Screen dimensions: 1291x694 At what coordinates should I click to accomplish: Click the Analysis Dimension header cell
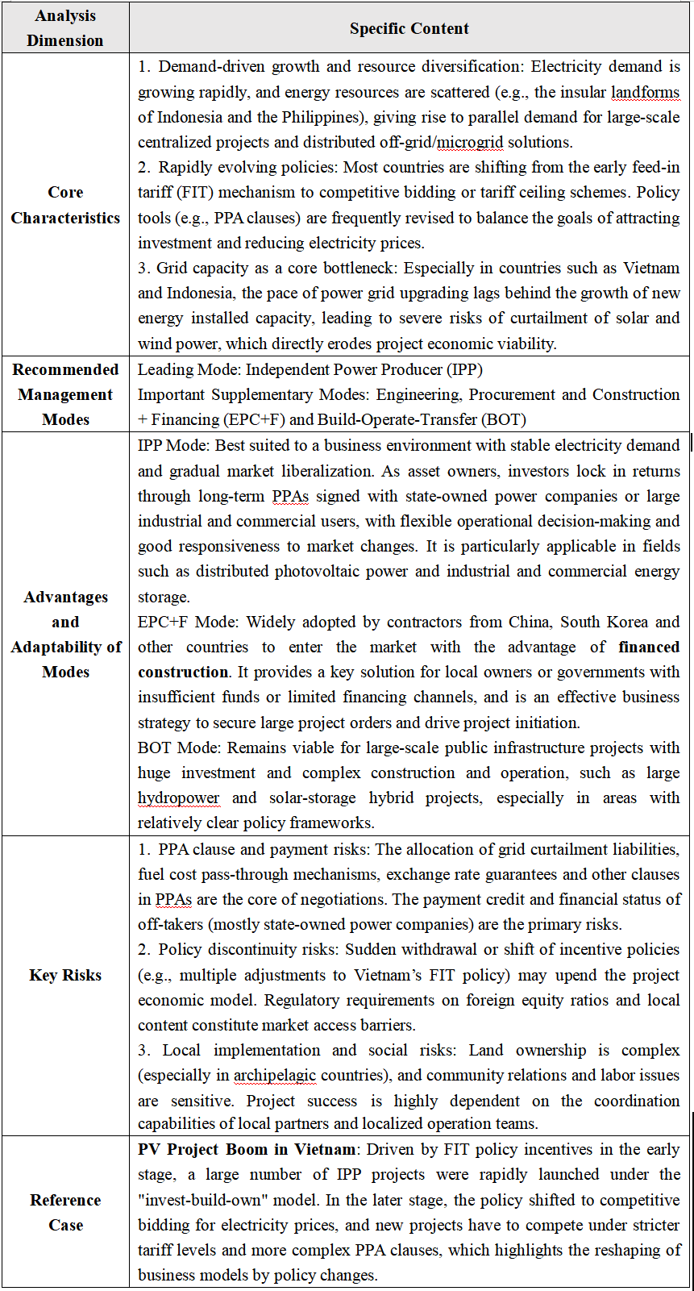(x=65, y=28)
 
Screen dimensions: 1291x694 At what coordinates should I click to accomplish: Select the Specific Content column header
(x=409, y=29)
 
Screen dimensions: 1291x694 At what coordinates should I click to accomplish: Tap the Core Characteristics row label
(x=65, y=205)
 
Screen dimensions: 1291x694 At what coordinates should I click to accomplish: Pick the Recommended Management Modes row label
(x=65, y=394)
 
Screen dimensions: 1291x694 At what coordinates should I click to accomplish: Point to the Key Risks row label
(x=65, y=975)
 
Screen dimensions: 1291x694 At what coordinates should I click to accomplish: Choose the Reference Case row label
(x=65, y=1212)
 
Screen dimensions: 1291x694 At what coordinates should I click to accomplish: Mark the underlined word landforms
(x=645, y=92)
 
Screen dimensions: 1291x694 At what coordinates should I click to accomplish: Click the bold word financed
(x=649, y=647)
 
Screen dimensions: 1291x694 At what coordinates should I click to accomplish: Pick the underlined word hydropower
(x=178, y=798)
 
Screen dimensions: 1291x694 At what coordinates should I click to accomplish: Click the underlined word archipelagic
(x=275, y=1075)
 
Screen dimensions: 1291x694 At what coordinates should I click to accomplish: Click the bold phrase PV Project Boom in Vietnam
(x=247, y=1149)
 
